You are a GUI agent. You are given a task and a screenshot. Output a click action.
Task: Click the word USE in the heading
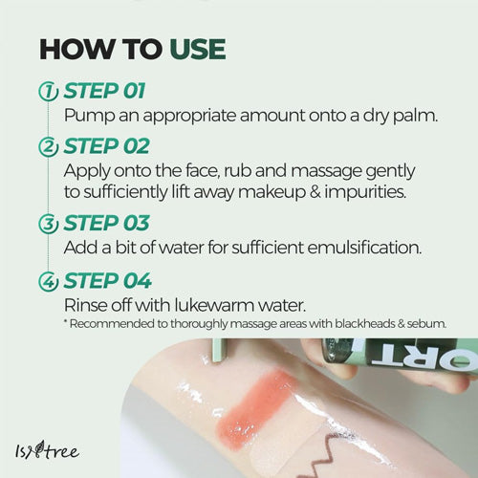click(198, 49)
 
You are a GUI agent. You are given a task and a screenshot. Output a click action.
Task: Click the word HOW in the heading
click(76, 49)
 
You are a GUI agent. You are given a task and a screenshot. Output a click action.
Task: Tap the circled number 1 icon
click(48, 91)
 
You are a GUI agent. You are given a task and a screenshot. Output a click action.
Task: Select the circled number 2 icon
click(48, 147)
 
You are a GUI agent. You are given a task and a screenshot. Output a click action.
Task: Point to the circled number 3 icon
click(48, 224)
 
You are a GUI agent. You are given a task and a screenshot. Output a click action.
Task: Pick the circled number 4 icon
click(48, 281)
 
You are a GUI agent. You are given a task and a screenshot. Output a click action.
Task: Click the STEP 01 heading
click(104, 91)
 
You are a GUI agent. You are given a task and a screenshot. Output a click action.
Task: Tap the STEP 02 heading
click(106, 146)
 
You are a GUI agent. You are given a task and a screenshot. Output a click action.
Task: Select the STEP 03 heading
click(106, 223)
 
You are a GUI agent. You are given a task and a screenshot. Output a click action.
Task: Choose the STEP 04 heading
click(107, 281)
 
